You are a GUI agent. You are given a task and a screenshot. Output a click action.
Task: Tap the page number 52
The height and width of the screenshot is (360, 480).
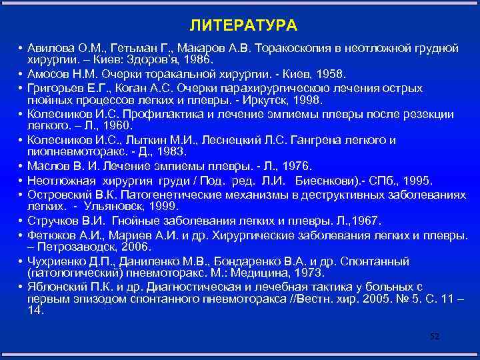435,336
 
